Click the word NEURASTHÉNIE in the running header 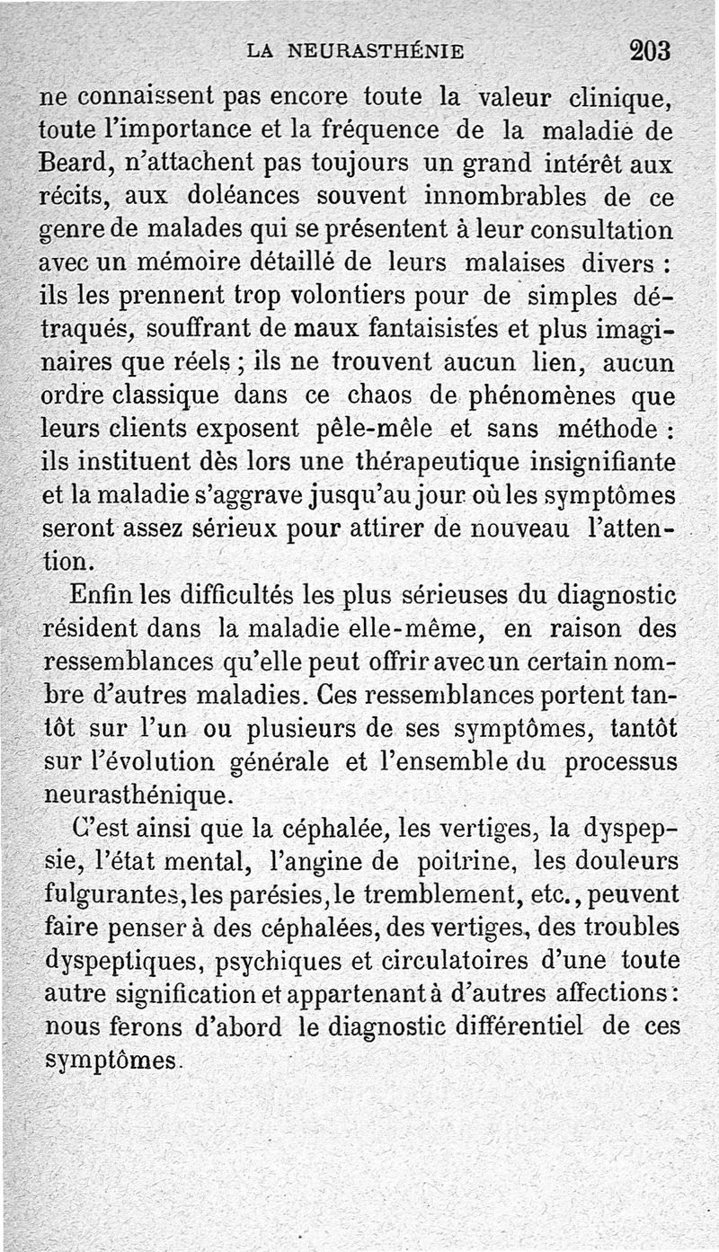coord(376,51)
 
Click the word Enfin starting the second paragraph coord(95,594)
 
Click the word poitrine coord(466,861)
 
